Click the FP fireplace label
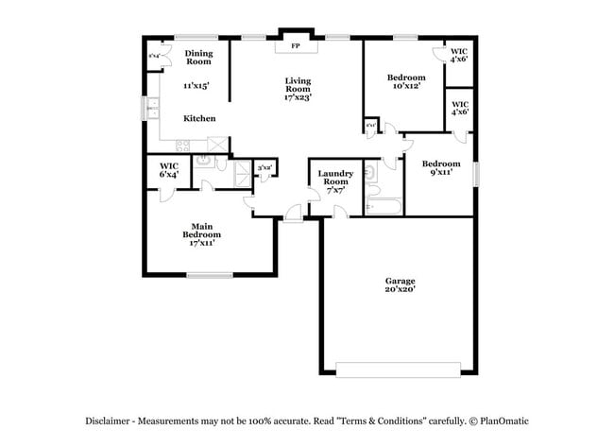[295, 45]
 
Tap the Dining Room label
[198, 58]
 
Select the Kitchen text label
[199, 118]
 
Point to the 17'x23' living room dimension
[298, 96]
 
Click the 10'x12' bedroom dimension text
[404, 86]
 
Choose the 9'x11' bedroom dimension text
[441, 172]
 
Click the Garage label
[400, 281]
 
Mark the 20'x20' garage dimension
[400, 291]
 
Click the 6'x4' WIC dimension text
[169, 174]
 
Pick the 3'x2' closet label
[265, 167]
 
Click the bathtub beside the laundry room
[384, 203]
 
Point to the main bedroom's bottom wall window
[209, 275]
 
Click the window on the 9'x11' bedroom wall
[477, 174]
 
